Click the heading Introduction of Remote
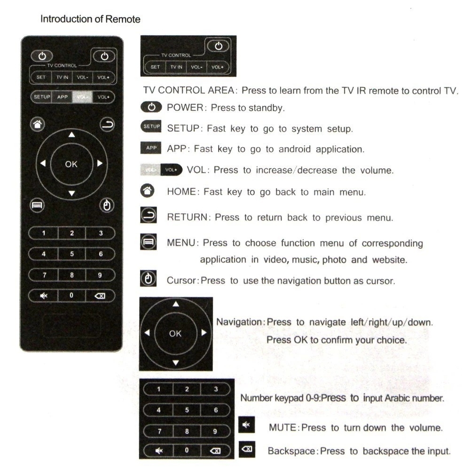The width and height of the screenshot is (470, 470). tap(90, 19)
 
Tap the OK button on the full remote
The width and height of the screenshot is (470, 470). tap(71, 164)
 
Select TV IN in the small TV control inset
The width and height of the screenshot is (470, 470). tap(176, 67)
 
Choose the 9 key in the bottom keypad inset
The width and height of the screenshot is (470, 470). tap(215, 431)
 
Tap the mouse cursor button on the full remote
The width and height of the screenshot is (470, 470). tap(107, 206)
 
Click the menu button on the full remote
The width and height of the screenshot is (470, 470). tap(36, 206)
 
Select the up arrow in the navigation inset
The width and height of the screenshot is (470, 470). tap(176, 304)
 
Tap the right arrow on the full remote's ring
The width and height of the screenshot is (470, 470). tap(100, 164)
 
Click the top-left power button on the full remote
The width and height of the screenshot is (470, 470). tap(41, 56)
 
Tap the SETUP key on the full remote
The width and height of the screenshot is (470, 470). tap(41, 97)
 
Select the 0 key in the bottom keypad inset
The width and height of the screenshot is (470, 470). tap(187, 450)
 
